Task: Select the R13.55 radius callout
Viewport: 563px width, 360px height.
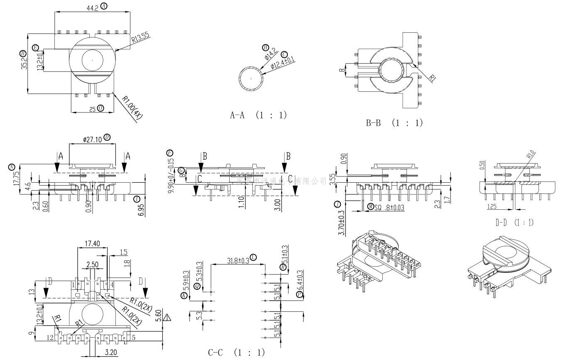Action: [x=140, y=39]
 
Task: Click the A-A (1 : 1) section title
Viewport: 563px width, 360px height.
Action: [x=258, y=115]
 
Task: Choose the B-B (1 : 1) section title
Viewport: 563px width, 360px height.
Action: [x=394, y=123]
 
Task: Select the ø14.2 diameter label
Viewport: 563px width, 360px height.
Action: [x=269, y=53]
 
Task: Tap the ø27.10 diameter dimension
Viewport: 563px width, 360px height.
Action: [x=93, y=139]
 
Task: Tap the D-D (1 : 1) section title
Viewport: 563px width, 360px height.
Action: [x=514, y=223]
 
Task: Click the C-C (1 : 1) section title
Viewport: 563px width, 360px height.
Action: [x=236, y=353]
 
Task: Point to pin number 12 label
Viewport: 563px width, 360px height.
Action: [x=50, y=338]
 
